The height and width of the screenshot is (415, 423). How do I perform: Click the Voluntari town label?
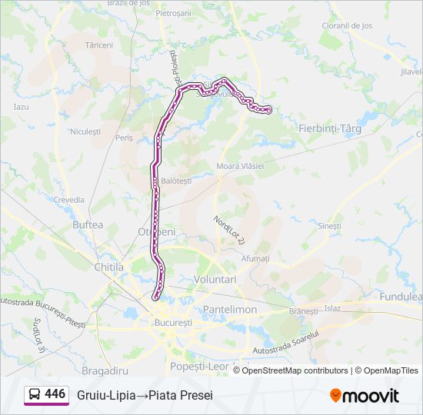[x=215, y=280]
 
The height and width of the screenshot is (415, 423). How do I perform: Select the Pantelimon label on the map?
[x=229, y=309]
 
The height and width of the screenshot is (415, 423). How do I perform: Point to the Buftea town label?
[x=87, y=225]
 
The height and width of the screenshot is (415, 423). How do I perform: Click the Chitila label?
[x=108, y=267]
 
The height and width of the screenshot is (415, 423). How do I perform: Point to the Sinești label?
[x=328, y=226]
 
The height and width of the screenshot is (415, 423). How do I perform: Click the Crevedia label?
[x=68, y=199]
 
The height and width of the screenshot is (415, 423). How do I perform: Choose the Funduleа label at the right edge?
[x=401, y=297]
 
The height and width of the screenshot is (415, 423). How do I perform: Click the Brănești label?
[x=303, y=311]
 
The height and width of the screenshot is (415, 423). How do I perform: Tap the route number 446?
[x=55, y=394]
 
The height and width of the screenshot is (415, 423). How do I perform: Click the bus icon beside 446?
[x=35, y=395]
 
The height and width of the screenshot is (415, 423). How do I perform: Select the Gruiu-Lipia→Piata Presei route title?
[x=145, y=395]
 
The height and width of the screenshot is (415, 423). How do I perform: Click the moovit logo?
[x=365, y=395]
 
